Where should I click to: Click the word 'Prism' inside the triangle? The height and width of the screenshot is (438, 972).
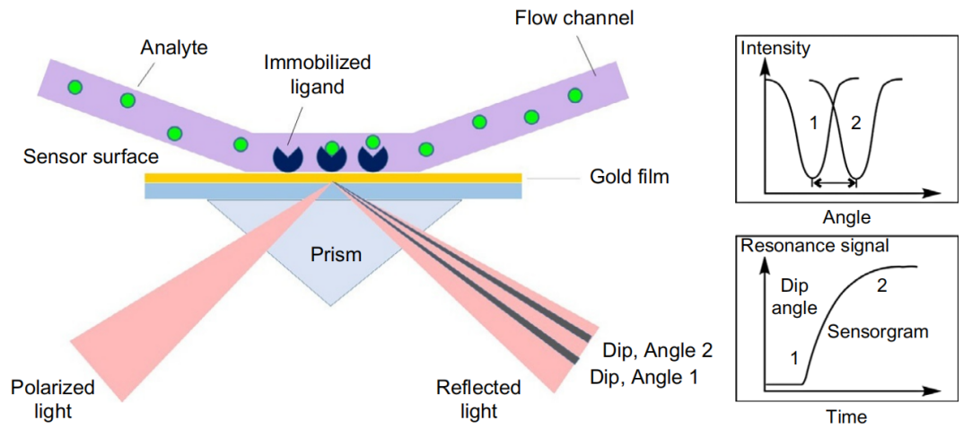tap(336, 255)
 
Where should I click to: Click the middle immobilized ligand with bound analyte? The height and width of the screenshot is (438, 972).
tap(332, 153)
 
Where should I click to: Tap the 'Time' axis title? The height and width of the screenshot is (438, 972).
tap(847, 416)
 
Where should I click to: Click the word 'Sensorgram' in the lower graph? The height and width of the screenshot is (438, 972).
tap(877, 331)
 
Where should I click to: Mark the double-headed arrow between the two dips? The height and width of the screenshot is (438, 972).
tap(834, 183)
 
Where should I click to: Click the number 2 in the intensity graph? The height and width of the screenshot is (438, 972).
tap(855, 123)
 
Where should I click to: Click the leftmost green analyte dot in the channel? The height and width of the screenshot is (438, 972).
tap(76, 87)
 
